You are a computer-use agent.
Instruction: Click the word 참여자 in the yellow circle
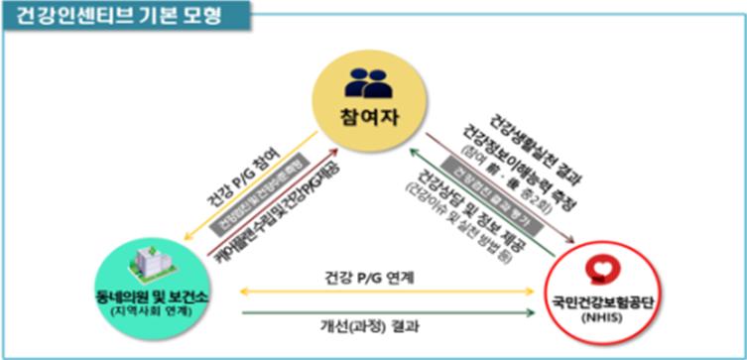pos(362,117)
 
